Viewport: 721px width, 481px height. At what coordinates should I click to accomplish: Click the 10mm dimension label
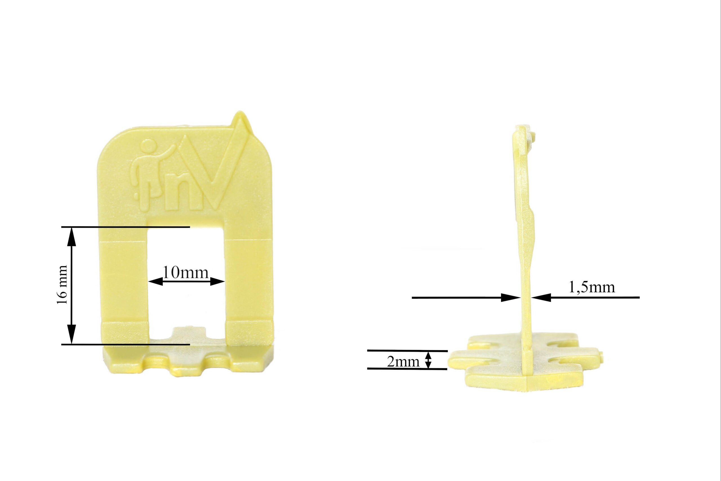(186, 272)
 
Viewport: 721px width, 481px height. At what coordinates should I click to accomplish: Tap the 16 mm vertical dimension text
(62, 285)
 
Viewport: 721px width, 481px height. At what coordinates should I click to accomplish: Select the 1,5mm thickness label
(592, 287)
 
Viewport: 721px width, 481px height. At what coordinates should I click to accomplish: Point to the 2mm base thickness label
(403, 362)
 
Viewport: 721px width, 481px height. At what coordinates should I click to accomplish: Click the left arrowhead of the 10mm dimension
(155, 281)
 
